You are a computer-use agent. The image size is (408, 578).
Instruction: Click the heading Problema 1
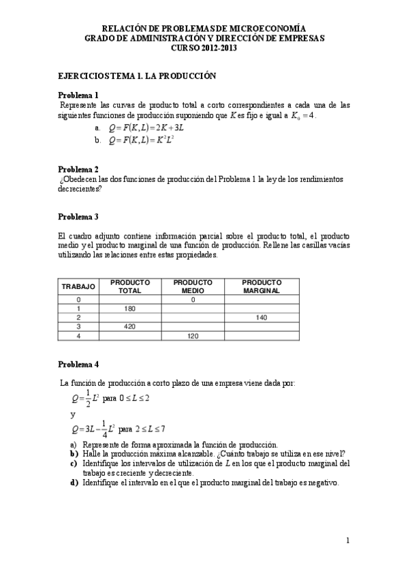78,95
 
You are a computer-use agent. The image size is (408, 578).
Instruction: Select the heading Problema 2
78,169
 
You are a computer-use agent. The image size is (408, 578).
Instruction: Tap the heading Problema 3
78,217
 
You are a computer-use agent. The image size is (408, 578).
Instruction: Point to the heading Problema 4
78,364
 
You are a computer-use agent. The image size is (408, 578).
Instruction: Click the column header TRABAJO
78,286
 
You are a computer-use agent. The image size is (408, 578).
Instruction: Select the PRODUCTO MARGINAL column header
262,286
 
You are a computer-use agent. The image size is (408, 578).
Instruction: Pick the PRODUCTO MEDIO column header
193,286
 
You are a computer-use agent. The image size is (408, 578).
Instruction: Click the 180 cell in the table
130,309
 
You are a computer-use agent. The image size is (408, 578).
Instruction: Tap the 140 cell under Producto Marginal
262,318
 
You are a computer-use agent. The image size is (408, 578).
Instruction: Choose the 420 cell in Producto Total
130,326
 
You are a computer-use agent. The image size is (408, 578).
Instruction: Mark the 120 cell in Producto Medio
193,336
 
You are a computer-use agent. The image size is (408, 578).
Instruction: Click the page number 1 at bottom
347,541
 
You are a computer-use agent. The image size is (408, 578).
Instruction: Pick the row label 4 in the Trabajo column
78,336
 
